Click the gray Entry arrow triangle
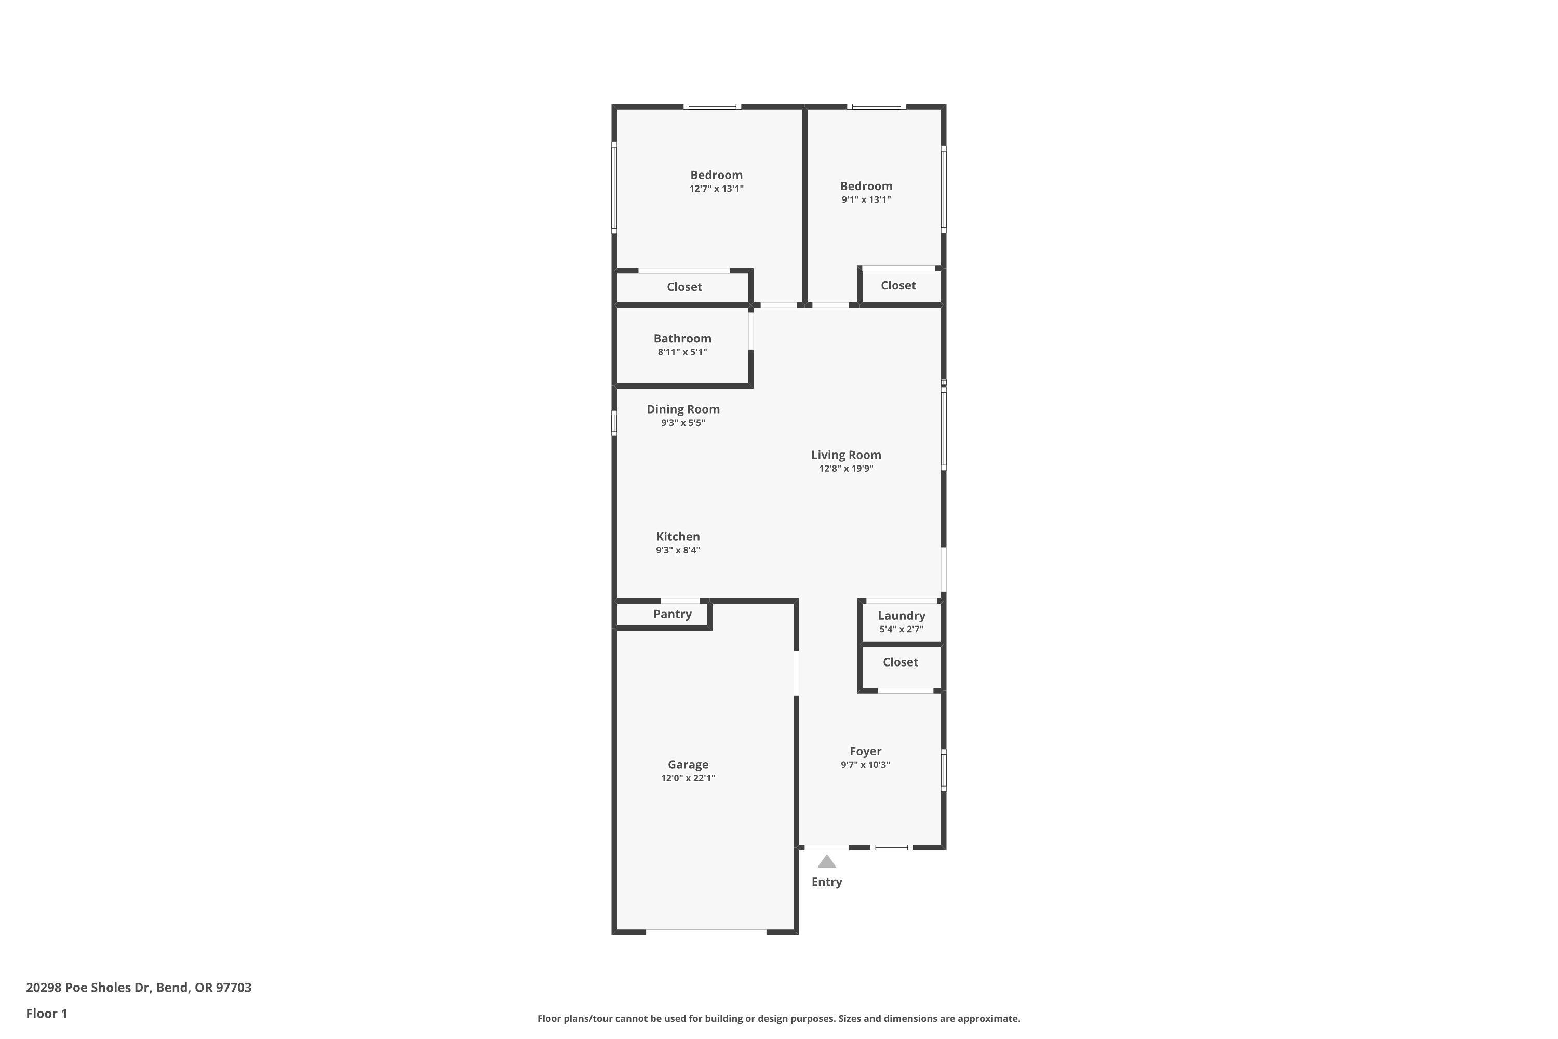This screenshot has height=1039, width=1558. click(826, 861)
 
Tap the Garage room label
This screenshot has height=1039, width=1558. click(688, 765)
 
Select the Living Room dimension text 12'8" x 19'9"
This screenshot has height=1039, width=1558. click(846, 469)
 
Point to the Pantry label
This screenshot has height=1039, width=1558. click(673, 614)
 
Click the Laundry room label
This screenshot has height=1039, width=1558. click(901, 616)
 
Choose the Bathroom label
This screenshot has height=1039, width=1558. click(682, 339)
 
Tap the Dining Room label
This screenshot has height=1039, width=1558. click(683, 409)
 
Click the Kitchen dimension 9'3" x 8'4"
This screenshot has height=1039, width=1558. click(678, 550)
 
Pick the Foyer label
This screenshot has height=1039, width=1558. click(865, 751)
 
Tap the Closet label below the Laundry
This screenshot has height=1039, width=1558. click(900, 662)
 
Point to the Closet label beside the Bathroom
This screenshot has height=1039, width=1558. click(684, 287)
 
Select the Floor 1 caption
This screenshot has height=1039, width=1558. click(46, 1013)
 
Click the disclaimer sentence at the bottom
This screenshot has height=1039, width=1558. click(778, 1018)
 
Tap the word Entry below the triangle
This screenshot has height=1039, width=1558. click(827, 882)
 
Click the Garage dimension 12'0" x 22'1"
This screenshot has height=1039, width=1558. click(688, 778)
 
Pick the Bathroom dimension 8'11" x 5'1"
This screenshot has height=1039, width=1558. click(682, 352)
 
